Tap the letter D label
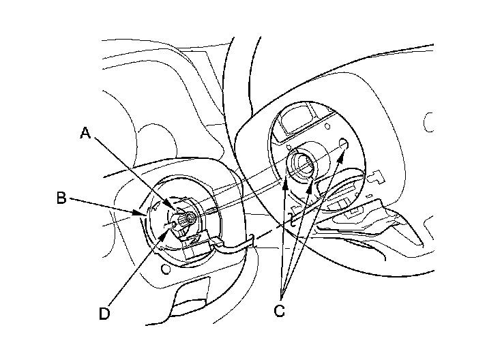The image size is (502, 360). [x=104, y=313]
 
